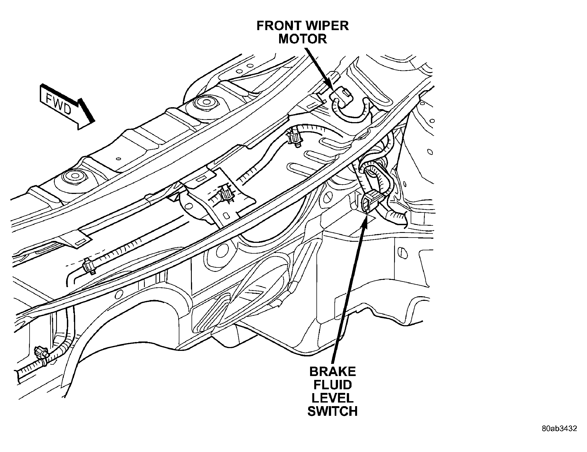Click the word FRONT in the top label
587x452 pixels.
[x=279, y=26]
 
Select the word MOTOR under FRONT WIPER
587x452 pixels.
[x=303, y=39]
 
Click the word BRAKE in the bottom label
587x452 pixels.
[x=332, y=372]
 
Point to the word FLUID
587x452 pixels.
[x=332, y=385]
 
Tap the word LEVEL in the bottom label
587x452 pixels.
[x=332, y=398]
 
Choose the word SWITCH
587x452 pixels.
[x=332, y=411]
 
